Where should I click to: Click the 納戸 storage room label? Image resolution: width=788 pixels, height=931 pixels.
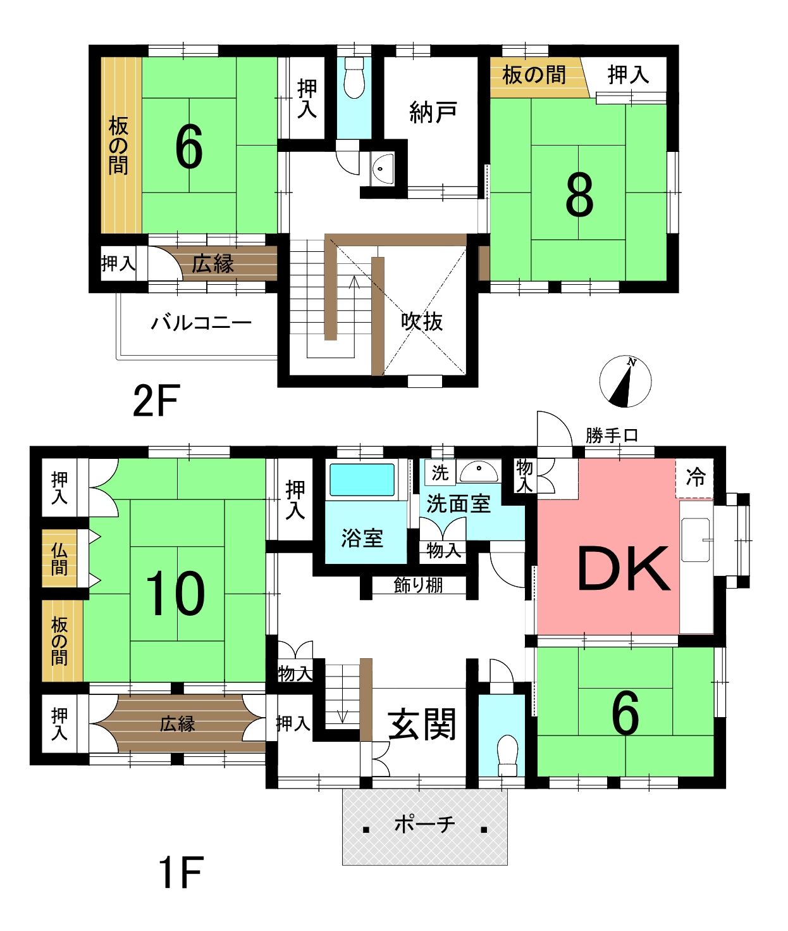click(433, 112)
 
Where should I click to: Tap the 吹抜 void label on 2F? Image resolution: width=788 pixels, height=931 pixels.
click(422, 322)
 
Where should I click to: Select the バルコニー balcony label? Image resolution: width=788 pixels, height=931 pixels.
click(200, 323)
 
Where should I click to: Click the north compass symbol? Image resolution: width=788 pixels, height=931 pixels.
click(625, 381)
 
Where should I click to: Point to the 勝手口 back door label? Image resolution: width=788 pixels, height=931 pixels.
click(612, 435)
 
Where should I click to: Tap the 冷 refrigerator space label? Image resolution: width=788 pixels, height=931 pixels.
click(695, 477)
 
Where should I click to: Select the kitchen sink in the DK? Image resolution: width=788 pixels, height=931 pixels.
click(695, 540)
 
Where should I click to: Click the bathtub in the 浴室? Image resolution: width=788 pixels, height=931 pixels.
click(362, 480)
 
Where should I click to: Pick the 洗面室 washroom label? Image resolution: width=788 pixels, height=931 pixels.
click(458, 503)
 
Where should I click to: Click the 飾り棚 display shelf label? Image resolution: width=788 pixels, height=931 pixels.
click(418, 585)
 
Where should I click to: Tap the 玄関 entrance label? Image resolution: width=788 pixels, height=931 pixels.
click(422, 724)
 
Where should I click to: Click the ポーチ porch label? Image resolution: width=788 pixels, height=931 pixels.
click(424, 824)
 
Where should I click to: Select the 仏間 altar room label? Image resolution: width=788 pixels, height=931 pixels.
click(59, 559)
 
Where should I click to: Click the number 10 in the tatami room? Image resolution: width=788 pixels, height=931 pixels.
click(176, 593)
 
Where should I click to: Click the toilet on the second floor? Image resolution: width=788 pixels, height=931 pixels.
click(354, 77)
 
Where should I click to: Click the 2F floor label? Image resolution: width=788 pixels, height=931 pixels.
click(156, 401)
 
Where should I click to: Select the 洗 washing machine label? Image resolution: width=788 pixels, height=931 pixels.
click(440, 473)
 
